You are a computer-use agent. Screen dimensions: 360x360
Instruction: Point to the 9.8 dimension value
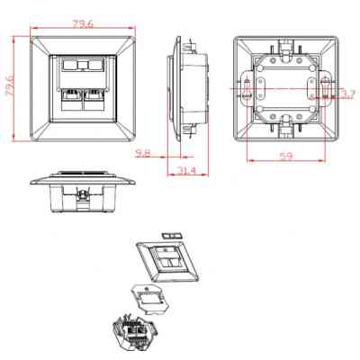tap(144, 154)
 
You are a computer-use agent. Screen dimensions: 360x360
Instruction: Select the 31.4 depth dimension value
tap(186, 172)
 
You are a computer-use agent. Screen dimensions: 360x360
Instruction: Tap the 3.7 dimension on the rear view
tap(349, 92)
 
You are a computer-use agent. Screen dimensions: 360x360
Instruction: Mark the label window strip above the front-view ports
tap(81, 67)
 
